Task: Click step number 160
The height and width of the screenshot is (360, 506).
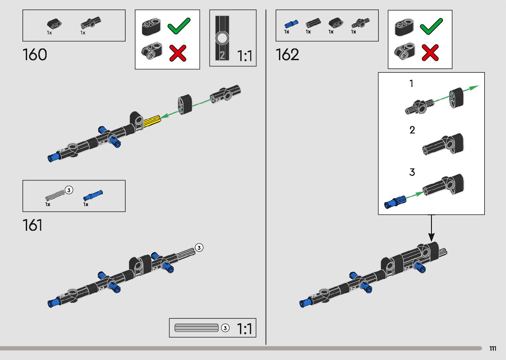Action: click(x=35, y=55)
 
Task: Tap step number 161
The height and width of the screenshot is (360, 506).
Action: click(x=32, y=225)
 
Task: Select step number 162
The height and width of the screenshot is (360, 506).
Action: click(x=287, y=55)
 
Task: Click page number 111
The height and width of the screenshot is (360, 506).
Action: click(x=492, y=348)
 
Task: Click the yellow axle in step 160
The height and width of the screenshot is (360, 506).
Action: click(x=152, y=121)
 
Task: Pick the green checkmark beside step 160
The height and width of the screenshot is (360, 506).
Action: click(x=179, y=26)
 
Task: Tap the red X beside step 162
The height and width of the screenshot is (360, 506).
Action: click(x=430, y=53)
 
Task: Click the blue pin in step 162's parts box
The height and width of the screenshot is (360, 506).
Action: click(x=291, y=24)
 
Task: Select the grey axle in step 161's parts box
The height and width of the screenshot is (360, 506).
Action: click(x=55, y=195)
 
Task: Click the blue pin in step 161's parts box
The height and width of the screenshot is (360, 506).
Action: click(x=93, y=196)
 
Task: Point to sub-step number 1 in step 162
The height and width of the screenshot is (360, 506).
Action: click(x=411, y=84)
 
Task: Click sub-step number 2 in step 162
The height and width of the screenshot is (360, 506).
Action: click(x=412, y=130)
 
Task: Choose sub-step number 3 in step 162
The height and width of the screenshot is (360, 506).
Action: click(x=412, y=172)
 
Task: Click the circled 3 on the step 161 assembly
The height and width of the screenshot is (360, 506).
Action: click(x=199, y=248)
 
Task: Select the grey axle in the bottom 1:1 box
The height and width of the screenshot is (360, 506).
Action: click(x=196, y=328)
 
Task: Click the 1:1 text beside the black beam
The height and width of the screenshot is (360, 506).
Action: click(x=245, y=56)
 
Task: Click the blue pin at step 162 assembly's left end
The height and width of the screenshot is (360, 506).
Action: click(x=305, y=302)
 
